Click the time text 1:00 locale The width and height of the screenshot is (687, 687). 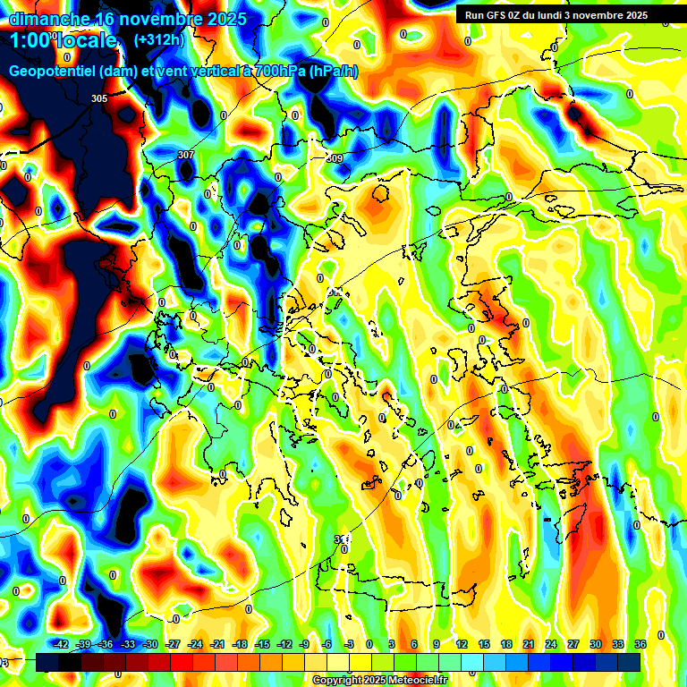click(64, 40)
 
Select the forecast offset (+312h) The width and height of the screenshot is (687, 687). click(160, 40)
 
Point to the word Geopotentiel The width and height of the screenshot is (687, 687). click(54, 72)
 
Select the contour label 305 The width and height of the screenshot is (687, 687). click(99, 98)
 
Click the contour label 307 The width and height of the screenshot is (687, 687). click(185, 155)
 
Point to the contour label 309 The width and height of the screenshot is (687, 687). click(335, 158)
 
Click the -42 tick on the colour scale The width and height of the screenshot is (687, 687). click(61, 644)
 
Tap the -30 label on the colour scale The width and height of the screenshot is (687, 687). click(150, 644)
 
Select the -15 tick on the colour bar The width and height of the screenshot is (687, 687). click(262, 644)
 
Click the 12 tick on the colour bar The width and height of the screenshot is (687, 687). click(462, 644)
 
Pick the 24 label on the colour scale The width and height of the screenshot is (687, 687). click(551, 644)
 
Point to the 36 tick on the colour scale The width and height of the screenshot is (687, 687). click(640, 644)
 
